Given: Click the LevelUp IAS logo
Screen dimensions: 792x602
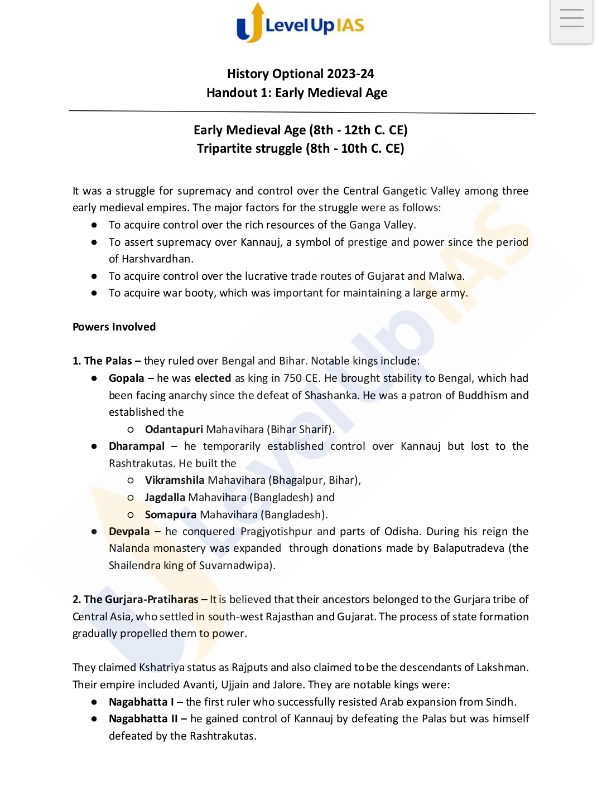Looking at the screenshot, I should point(300,24).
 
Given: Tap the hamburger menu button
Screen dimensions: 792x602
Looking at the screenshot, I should point(571,19).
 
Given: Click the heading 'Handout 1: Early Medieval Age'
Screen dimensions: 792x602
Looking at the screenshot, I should point(297,93).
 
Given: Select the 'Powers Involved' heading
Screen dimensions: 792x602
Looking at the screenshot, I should point(114,327).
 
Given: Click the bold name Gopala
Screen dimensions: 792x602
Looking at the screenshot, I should point(126,378).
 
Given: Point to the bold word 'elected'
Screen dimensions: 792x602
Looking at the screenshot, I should point(213,378).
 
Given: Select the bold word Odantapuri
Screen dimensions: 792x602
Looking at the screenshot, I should point(174,430).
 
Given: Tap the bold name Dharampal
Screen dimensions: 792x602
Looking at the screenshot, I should point(137,446).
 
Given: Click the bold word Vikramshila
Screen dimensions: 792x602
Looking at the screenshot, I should point(174,480).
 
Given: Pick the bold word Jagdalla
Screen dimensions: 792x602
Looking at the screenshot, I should point(165,498).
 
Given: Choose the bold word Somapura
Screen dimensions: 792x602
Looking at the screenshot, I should point(170,515).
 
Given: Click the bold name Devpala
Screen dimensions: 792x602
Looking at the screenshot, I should point(129,532).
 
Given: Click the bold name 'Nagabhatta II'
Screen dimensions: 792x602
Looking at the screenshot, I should point(143,719).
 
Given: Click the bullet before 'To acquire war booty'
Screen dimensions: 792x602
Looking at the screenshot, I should point(94,293).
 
